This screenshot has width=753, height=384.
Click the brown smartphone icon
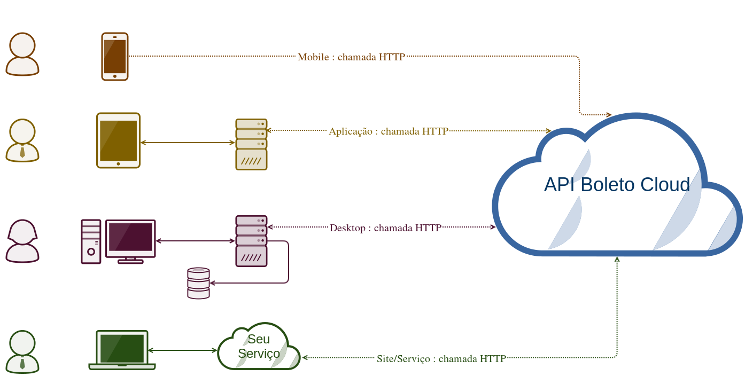point(115,57)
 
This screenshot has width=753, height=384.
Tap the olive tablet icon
point(118,140)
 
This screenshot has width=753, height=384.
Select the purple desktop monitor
point(130,239)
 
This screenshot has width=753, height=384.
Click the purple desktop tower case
point(91,241)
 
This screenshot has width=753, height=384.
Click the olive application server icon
point(251,144)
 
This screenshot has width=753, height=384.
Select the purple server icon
point(251,241)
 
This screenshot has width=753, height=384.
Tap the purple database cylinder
point(198,283)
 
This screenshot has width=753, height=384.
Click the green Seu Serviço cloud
point(259,347)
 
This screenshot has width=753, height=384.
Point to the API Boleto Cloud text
point(617,185)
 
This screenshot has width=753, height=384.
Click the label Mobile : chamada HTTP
point(351,57)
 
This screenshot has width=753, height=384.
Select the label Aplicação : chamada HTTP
point(389,131)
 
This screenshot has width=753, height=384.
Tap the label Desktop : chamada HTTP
point(385,228)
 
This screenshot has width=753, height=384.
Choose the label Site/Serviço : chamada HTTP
point(441,359)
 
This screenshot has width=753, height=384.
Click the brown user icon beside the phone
point(22,54)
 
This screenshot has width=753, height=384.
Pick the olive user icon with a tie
point(22,140)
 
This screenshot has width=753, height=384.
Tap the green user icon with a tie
point(22,351)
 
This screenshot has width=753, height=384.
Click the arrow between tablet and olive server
point(187,143)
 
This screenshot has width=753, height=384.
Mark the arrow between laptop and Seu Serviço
point(182,350)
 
